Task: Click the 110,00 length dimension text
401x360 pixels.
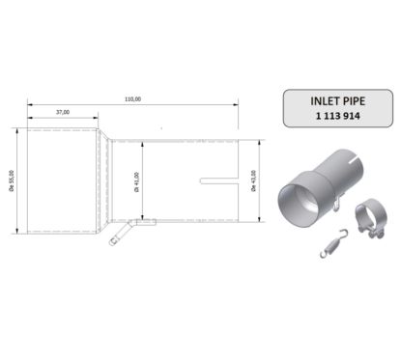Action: click(x=132, y=98)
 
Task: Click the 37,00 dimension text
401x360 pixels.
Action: click(x=63, y=112)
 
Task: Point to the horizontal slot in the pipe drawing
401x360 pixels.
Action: click(x=219, y=179)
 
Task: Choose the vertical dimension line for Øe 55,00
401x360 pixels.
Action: click(x=19, y=179)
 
